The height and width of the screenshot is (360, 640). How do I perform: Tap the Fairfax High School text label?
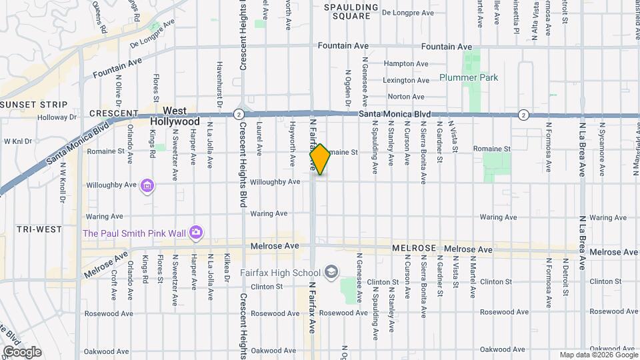click(281, 273)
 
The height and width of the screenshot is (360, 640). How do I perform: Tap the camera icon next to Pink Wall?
click(196, 233)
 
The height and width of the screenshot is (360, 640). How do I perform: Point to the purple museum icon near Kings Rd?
click(147, 185)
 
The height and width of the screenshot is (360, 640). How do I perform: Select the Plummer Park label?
click(469, 77)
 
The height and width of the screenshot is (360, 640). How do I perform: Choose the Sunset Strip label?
click(34, 105)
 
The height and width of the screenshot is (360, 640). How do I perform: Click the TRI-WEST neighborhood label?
click(23, 229)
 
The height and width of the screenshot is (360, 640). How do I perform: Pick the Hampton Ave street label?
click(406, 64)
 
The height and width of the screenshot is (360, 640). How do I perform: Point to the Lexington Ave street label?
click(405, 80)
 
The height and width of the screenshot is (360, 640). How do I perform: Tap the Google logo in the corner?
click(21, 352)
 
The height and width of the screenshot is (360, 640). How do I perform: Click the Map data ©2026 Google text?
click(598, 355)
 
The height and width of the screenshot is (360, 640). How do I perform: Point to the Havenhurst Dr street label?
click(219, 84)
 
